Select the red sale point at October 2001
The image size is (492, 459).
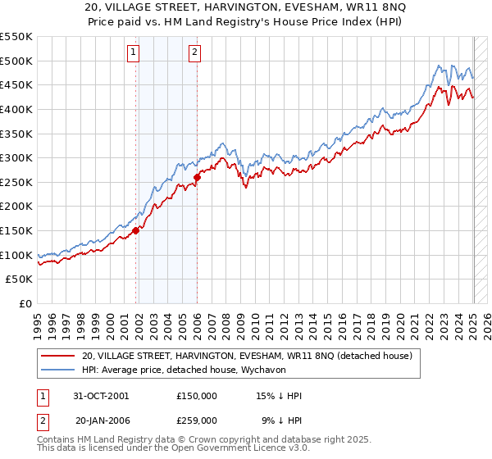pyautogui.click(x=136, y=230)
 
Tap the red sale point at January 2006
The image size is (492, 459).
pyautogui.click(x=198, y=177)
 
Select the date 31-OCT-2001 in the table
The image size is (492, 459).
pyautogui.click(x=101, y=396)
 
